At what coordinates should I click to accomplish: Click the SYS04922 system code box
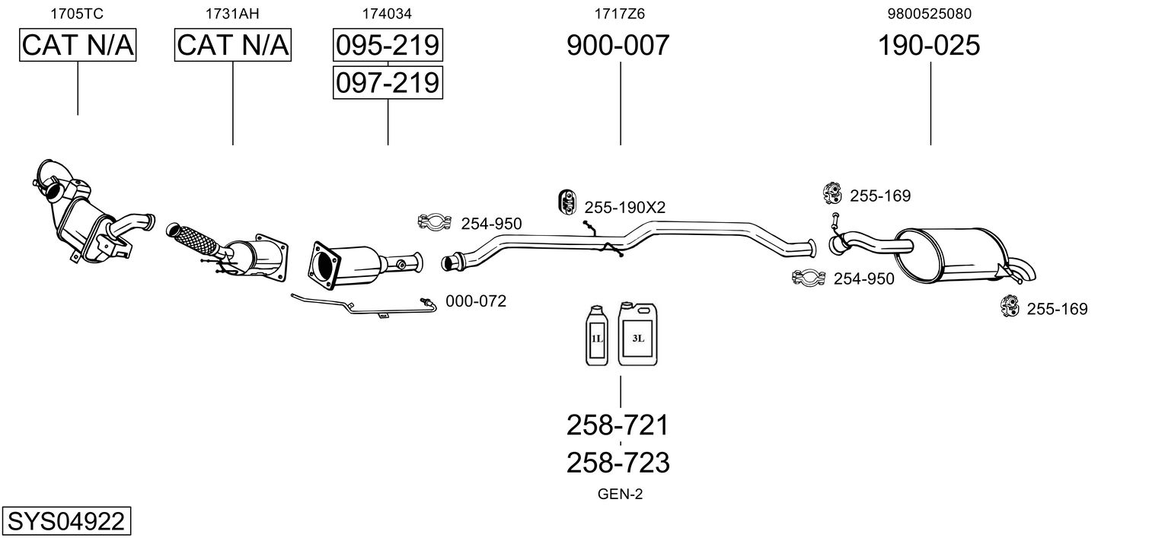coord(66,522)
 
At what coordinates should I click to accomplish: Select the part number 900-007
coord(618,46)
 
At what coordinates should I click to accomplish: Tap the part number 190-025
coord(929,46)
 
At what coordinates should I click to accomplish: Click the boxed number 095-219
coord(388,46)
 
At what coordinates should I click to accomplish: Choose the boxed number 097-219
coord(388,82)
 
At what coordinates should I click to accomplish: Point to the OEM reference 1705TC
coord(77,13)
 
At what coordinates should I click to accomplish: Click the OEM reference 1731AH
coord(232,13)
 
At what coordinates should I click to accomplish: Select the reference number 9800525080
coord(929,13)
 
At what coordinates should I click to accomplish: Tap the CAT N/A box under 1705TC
coord(78,46)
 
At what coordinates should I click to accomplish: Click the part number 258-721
coord(618,425)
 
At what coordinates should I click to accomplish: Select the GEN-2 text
coord(621,495)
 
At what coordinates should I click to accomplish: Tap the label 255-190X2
coord(624,207)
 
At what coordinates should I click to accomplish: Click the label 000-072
coord(476,301)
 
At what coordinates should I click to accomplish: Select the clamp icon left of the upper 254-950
coord(435,222)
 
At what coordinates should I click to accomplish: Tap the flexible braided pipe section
coord(195,240)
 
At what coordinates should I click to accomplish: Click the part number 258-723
coord(618,462)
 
